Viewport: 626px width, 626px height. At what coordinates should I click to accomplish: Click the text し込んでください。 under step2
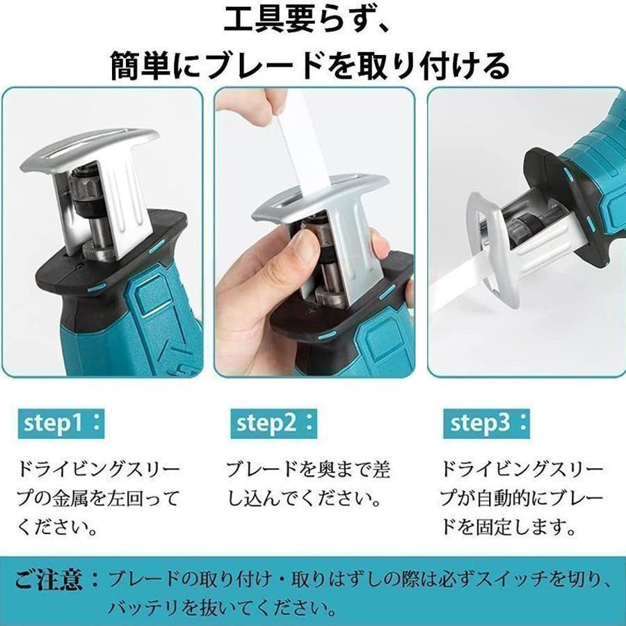(304, 499)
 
